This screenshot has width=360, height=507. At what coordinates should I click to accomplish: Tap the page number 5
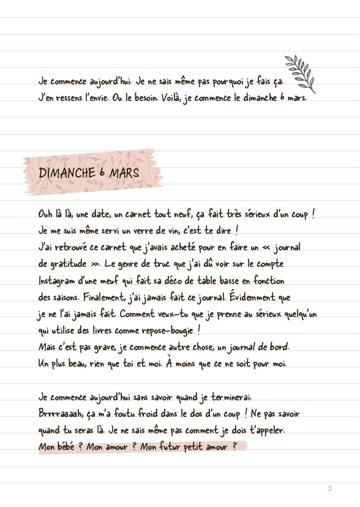[x=329, y=488]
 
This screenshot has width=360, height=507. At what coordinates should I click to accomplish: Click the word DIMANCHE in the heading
[x=66, y=173]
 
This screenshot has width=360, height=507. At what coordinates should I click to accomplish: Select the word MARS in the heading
[x=125, y=173]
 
